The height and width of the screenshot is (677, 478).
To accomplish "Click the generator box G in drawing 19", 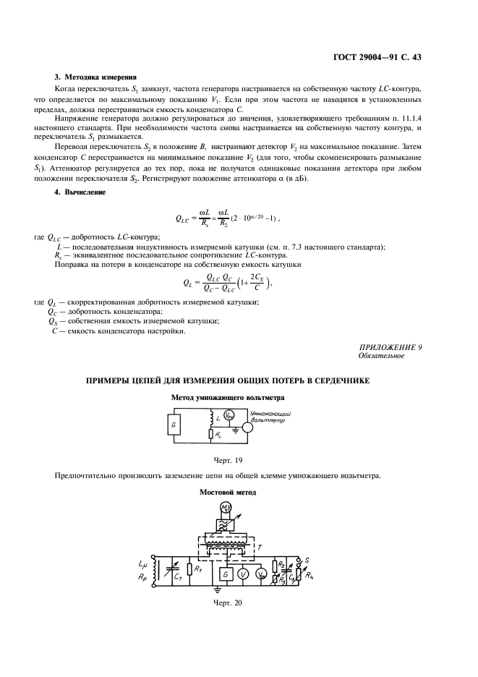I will point(174,427).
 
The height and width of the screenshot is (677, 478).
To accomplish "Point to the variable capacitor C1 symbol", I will point(171,571).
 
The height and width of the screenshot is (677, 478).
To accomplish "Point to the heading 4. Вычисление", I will point(80,192).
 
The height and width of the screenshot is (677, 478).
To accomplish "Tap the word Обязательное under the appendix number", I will point(380,355).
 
